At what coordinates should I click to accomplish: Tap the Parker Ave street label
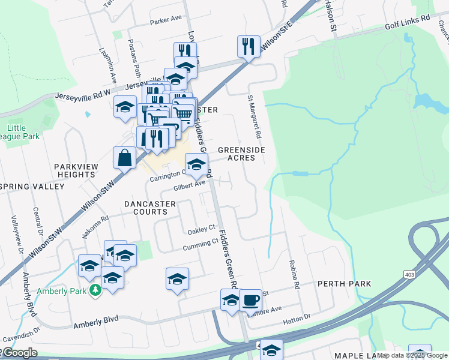click(166, 20)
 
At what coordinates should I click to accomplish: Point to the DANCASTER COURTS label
click(150, 208)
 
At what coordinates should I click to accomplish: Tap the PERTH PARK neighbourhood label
click(344, 283)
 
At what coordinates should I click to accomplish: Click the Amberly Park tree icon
click(95, 290)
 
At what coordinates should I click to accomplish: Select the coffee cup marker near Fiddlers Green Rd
click(250, 299)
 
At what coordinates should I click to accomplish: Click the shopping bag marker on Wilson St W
click(124, 158)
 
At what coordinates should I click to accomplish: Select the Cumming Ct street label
click(200, 244)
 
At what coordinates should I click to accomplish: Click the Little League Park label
click(23, 132)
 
